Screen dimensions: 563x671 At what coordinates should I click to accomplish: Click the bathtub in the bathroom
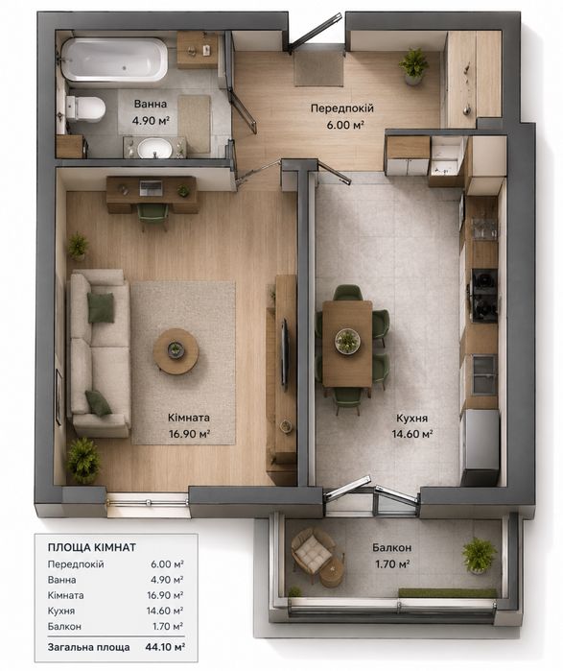114,60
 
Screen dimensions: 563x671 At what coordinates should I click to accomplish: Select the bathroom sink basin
154,148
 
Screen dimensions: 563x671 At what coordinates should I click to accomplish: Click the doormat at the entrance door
318,68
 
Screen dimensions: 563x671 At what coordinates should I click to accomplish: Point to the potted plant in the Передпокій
413,66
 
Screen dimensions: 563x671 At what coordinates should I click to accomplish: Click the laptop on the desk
151,187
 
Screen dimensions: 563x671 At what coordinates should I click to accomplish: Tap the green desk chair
153,216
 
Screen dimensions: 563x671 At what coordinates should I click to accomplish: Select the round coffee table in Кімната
176,351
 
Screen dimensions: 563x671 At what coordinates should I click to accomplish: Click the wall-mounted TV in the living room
285,354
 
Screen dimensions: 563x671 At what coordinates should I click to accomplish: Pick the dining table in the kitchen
347,344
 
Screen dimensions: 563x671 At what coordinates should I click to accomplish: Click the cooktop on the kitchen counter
484,296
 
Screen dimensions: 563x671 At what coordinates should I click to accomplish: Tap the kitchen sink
484,373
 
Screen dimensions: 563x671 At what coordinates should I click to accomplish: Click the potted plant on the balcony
480,555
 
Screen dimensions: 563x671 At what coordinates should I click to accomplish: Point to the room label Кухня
411,419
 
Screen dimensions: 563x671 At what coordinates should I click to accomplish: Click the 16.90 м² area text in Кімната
189,434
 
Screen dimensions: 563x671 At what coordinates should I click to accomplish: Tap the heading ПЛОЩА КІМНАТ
92,547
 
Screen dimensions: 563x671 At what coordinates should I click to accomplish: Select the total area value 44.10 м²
165,647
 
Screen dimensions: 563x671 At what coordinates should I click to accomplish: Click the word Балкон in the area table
64,627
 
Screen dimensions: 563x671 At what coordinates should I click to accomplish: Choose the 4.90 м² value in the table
166,580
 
